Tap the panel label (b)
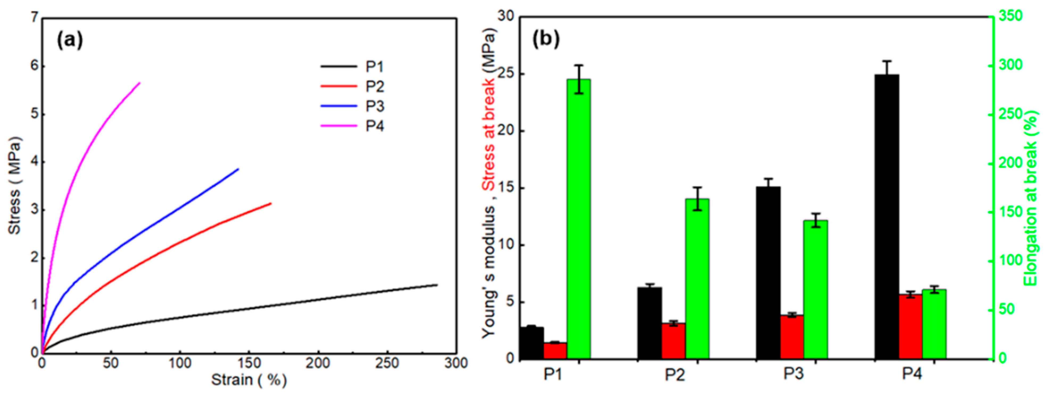pos(546,39)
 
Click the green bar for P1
pos(579,219)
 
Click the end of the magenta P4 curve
pos(140,83)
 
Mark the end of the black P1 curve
pos(437,285)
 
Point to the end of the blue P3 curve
pos(238,169)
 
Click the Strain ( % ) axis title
pos(249,380)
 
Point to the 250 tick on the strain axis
pos(387,363)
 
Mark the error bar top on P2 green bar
pos(697,187)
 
